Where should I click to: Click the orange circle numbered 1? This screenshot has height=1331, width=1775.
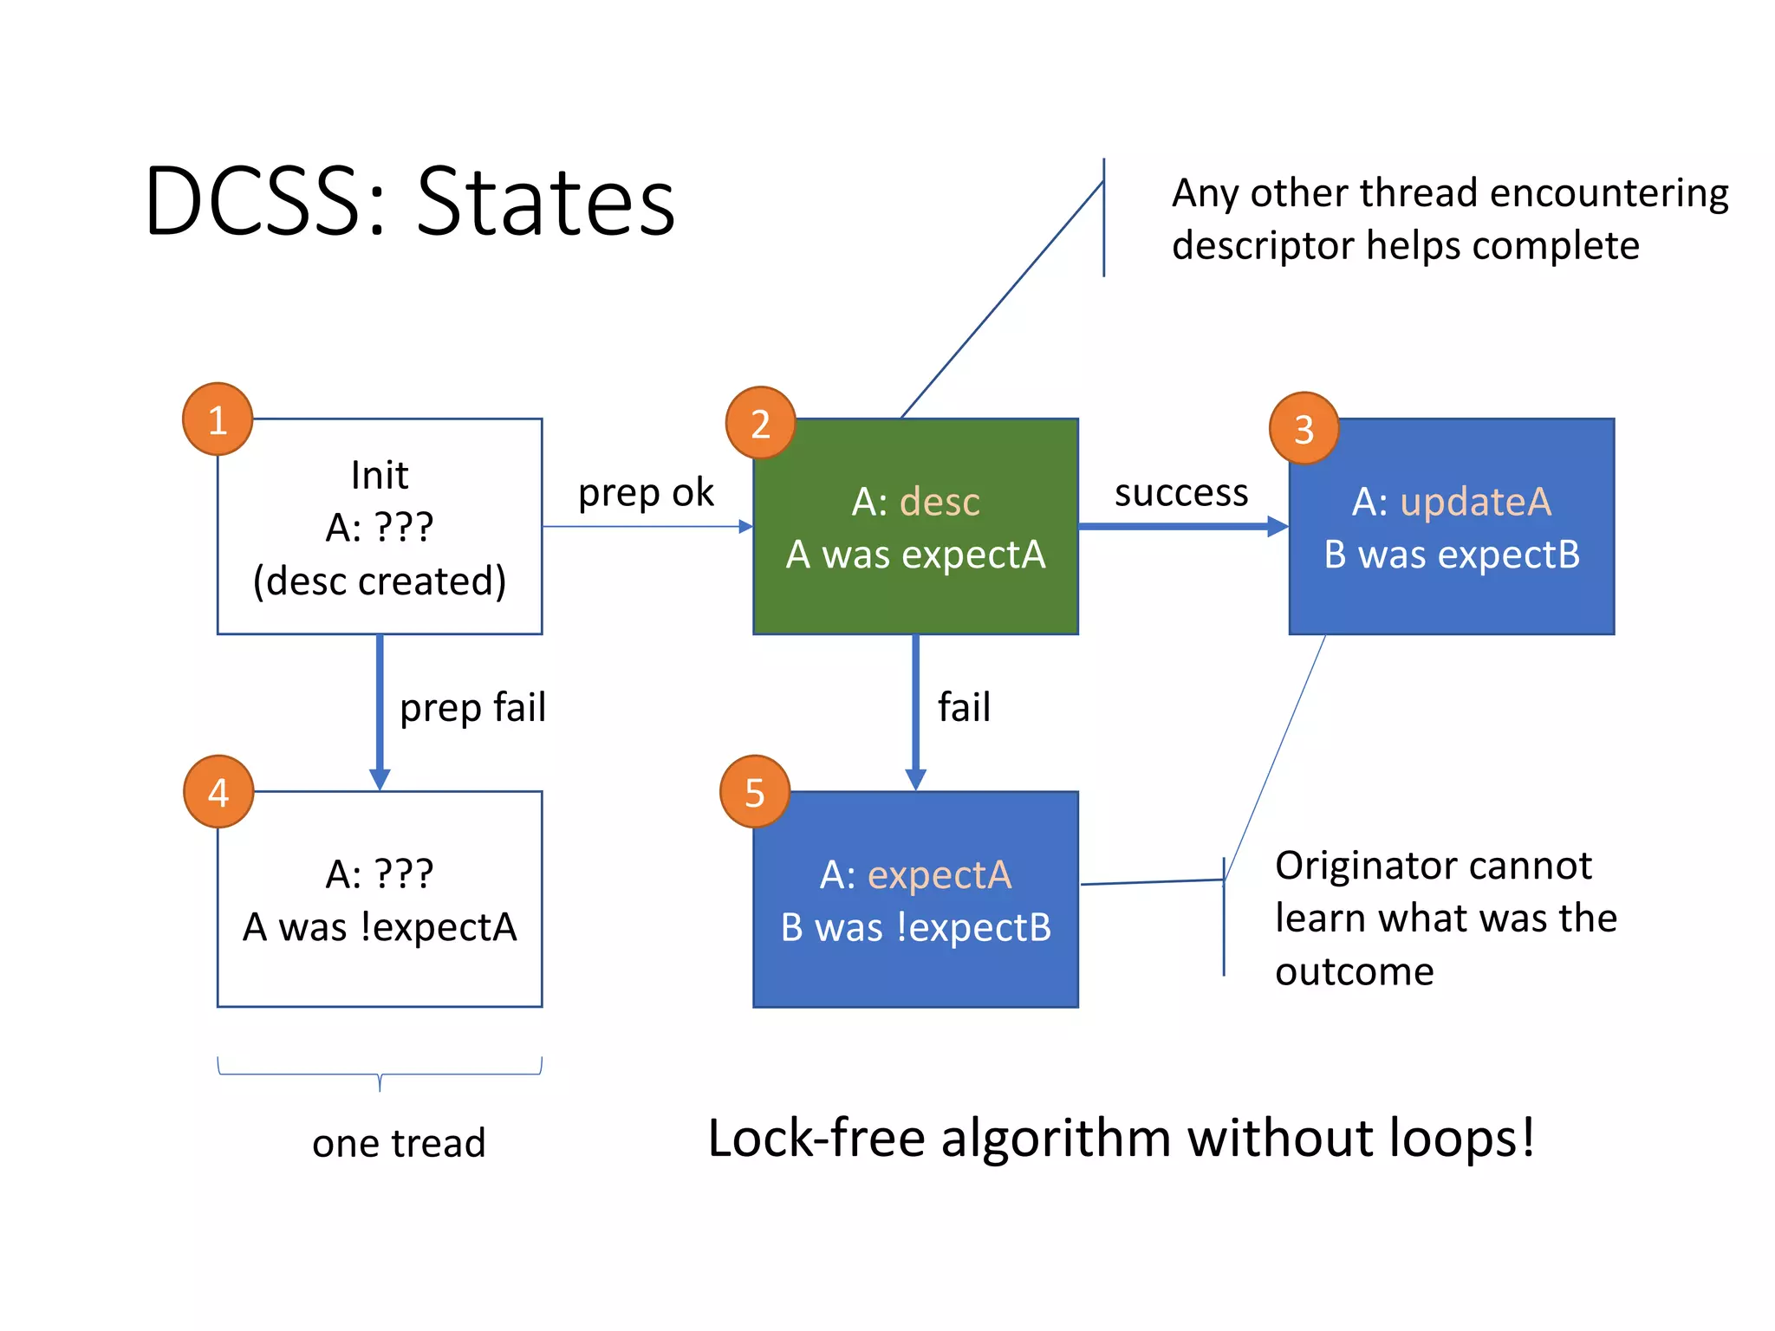coord(218,419)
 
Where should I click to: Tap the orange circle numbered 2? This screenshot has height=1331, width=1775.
coord(760,423)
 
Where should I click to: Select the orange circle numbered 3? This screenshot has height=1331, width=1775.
coord(1304,428)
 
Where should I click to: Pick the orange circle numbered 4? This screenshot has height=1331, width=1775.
coord(218,791)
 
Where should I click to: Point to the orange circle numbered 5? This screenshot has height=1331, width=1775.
coord(755,791)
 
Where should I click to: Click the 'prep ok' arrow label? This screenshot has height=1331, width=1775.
coord(646,493)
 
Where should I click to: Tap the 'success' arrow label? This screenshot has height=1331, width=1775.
coord(1180,493)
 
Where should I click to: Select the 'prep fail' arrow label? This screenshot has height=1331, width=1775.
coord(472,708)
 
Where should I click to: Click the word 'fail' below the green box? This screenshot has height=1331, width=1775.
coord(964,707)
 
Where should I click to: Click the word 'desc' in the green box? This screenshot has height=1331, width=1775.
coord(940,502)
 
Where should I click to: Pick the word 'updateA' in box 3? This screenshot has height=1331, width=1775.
coord(1475,502)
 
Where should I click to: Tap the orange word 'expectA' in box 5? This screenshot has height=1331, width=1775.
coord(940,875)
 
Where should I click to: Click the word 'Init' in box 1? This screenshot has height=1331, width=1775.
coord(380,475)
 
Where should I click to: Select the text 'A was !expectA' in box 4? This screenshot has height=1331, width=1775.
coord(380,927)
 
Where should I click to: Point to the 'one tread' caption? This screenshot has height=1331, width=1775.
coord(399,1143)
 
